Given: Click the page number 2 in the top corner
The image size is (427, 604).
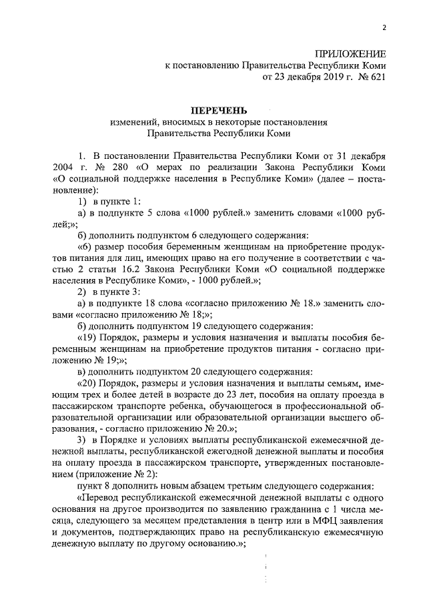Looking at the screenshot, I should coord(384,27).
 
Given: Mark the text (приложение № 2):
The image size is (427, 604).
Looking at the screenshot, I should coord(107,474).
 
